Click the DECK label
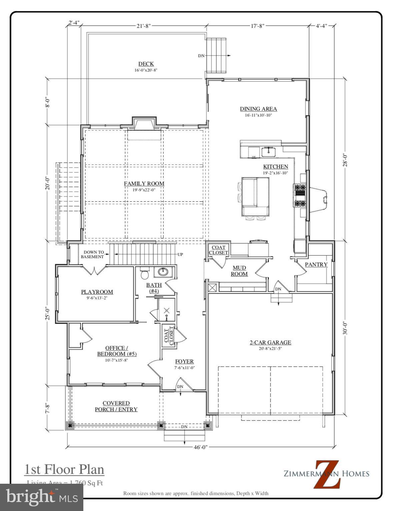146,64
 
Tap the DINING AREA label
258,109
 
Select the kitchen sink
268,152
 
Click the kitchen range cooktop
299,195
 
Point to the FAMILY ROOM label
144,183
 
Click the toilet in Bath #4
145,273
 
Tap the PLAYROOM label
97,292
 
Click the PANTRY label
316,264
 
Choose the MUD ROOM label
239,271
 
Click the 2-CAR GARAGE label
270,342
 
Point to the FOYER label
184,362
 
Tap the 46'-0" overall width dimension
201,447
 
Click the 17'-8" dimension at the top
257,26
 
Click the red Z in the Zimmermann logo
327,474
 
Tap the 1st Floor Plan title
64,469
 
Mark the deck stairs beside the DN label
216,55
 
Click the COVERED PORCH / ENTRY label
116,406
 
